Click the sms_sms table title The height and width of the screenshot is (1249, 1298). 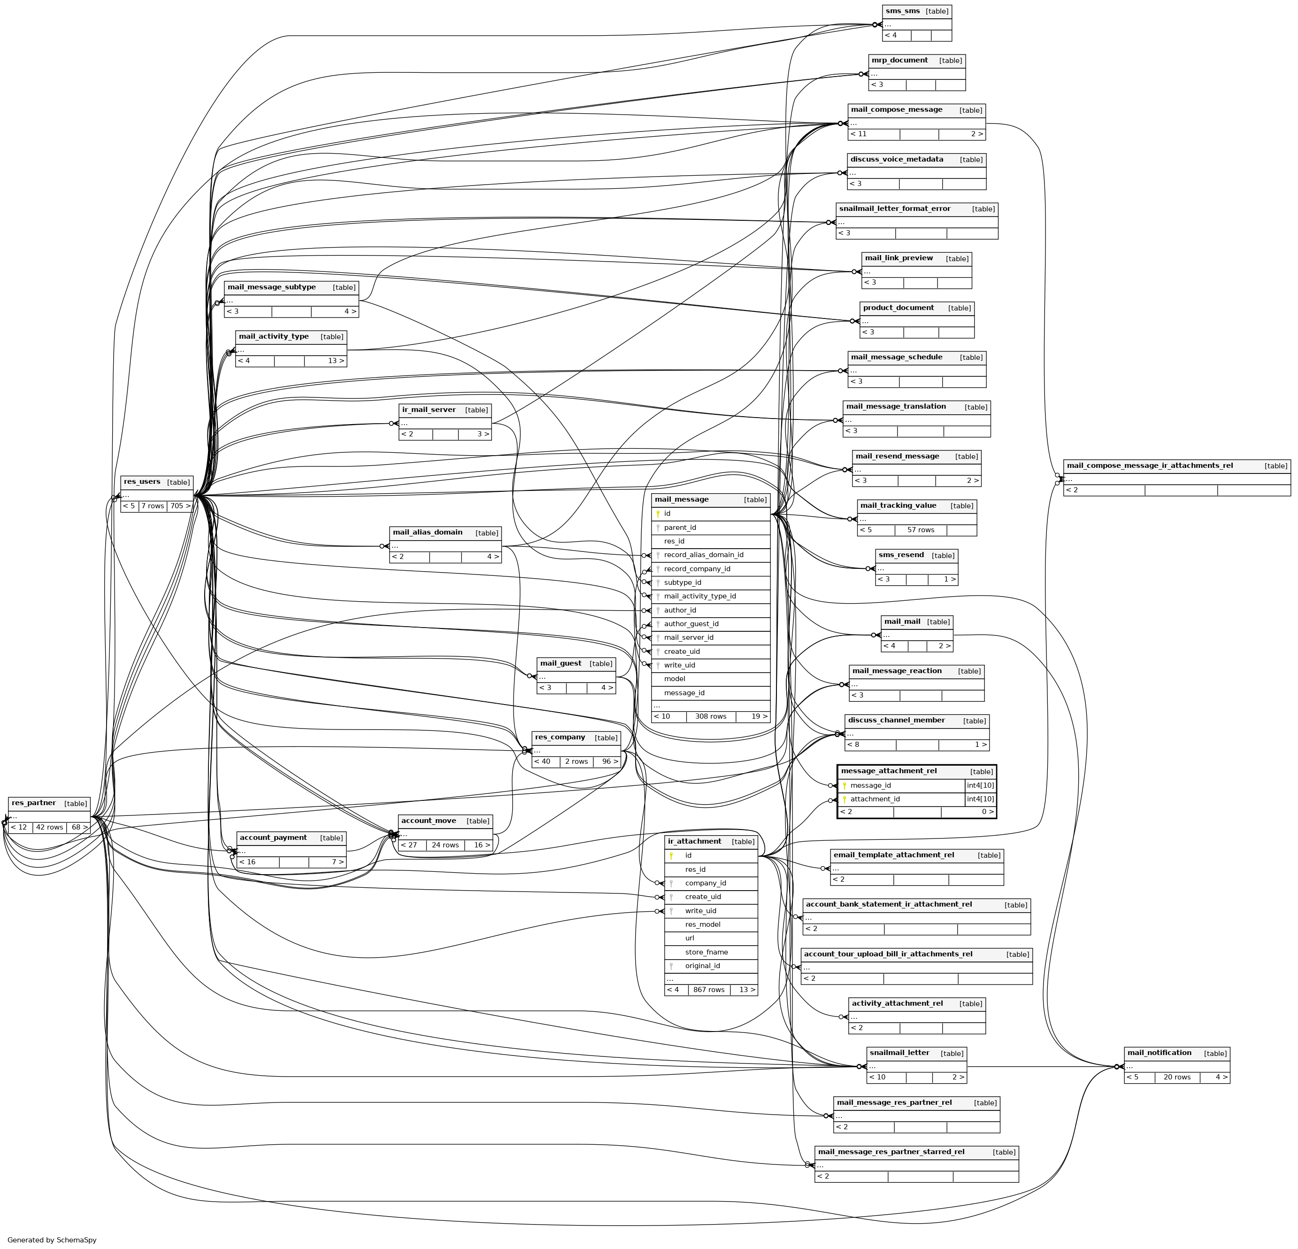pyautogui.click(x=902, y=11)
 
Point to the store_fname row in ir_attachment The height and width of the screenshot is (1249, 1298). pyautogui.click(x=706, y=952)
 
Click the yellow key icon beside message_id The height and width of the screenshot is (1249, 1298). pyautogui.click(x=845, y=786)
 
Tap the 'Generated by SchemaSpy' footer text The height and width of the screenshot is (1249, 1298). pyautogui.click(x=52, y=1240)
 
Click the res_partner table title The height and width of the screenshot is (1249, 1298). pyautogui.click(x=34, y=803)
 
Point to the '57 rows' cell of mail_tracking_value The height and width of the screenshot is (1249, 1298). pyautogui.click(x=921, y=530)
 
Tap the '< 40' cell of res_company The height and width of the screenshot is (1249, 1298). pyautogui.click(x=545, y=762)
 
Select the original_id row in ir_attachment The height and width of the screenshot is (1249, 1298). pyautogui.click(x=703, y=966)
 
